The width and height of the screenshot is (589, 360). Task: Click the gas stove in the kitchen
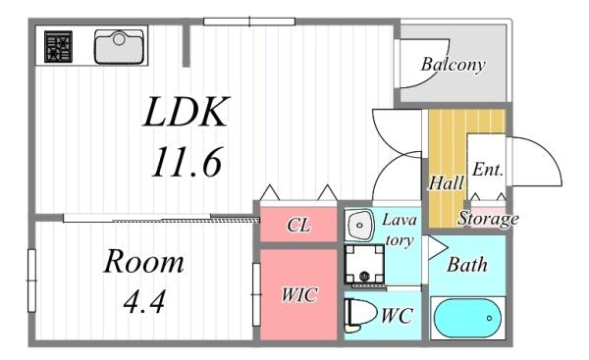point(58,46)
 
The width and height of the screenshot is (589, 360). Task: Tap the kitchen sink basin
point(119,46)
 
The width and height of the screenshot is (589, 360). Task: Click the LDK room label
point(187,112)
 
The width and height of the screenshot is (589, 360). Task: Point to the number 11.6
point(187,162)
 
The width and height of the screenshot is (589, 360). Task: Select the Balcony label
point(453,65)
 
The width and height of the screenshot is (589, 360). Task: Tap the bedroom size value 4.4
point(144,301)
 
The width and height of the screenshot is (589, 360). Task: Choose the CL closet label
point(298,226)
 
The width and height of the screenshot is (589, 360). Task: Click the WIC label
point(299,294)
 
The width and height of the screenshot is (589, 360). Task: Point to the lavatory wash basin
point(359,225)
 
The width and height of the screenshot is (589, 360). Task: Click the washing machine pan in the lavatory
point(364,264)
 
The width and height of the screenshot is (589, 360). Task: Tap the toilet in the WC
point(360,315)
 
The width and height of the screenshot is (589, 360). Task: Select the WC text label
point(398,315)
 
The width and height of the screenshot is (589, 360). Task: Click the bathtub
point(467,318)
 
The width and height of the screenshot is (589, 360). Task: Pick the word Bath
point(467,265)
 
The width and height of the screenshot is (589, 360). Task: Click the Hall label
point(447,183)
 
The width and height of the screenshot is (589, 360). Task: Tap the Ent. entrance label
point(487,170)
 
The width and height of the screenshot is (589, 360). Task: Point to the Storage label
point(488,219)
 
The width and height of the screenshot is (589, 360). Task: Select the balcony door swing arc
point(440,72)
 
